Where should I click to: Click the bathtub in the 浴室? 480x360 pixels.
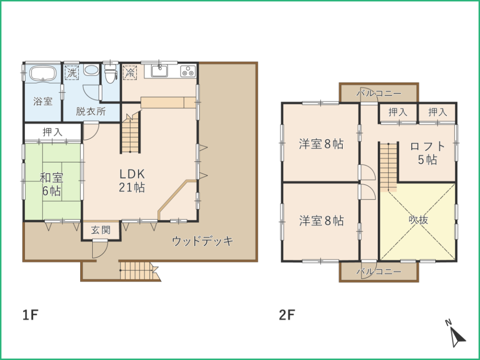43,74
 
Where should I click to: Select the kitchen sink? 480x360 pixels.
159,72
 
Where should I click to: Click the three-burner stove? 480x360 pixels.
188,71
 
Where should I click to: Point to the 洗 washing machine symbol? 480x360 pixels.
72,72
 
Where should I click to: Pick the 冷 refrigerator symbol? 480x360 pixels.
130,72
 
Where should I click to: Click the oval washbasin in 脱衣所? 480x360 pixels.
91,70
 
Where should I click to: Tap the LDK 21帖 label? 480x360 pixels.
132,180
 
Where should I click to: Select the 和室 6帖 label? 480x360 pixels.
51,184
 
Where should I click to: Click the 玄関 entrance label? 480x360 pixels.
101,230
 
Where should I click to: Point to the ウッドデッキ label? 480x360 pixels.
203,241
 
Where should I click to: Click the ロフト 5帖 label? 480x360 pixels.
427,153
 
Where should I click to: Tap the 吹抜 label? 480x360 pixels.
418,220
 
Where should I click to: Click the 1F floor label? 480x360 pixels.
30,315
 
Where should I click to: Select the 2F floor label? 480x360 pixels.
287,315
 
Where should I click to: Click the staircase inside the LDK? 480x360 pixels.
131,132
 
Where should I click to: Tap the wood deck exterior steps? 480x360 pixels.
139,270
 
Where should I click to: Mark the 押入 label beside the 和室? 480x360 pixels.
53,132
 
